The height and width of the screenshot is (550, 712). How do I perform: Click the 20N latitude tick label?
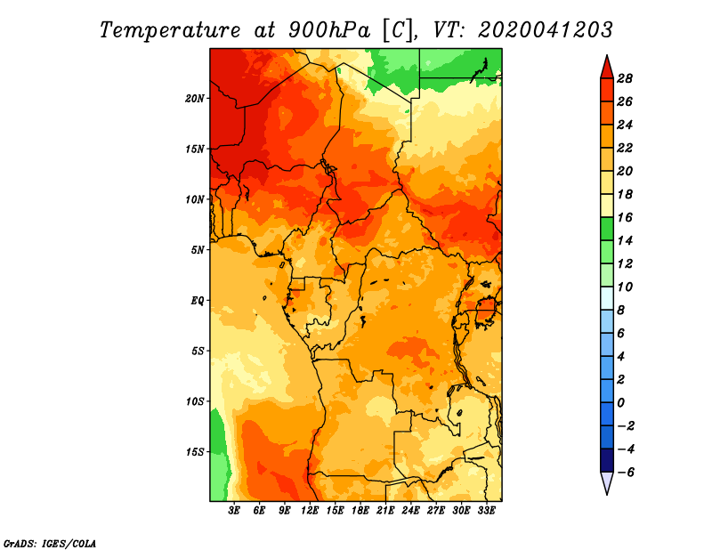pyautogui.click(x=195, y=98)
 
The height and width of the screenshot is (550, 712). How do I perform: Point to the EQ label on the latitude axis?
pyautogui.click(x=198, y=300)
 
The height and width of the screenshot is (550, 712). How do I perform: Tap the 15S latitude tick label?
pyautogui.click(x=195, y=452)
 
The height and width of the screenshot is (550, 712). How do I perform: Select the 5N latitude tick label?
pyautogui.click(x=198, y=250)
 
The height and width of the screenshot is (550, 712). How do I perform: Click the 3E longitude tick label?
pyautogui.click(x=234, y=510)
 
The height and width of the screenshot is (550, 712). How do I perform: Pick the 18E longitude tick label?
pyautogui.click(x=360, y=510)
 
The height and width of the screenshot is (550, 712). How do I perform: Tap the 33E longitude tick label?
pyautogui.click(x=486, y=510)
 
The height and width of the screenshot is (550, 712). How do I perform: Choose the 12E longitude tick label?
pyautogui.click(x=310, y=510)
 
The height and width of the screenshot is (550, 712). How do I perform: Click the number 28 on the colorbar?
pyautogui.click(x=625, y=78)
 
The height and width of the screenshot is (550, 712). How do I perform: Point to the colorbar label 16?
pyautogui.click(x=625, y=217)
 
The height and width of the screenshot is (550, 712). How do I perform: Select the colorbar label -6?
pyautogui.click(x=626, y=473)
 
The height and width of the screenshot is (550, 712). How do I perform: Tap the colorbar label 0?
pyautogui.click(x=620, y=403)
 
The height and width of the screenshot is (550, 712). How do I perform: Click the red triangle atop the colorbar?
pyautogui.click(x=607, y=67)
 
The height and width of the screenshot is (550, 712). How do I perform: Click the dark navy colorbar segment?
pyautogui.click(x=607, y=460)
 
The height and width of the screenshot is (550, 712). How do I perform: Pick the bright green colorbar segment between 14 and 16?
pyautogui.click(x=607, y=229)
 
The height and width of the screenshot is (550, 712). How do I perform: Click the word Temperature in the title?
pyautogui.click(x=170, y=30)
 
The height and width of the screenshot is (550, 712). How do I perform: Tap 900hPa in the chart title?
pyautogui.click(x=328, y=30)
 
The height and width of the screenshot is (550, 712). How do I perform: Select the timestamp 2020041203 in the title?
pyautogui.click(x=545, y=30)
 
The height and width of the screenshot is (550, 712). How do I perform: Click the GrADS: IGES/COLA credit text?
pyautogui.click(x=50, y=543)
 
